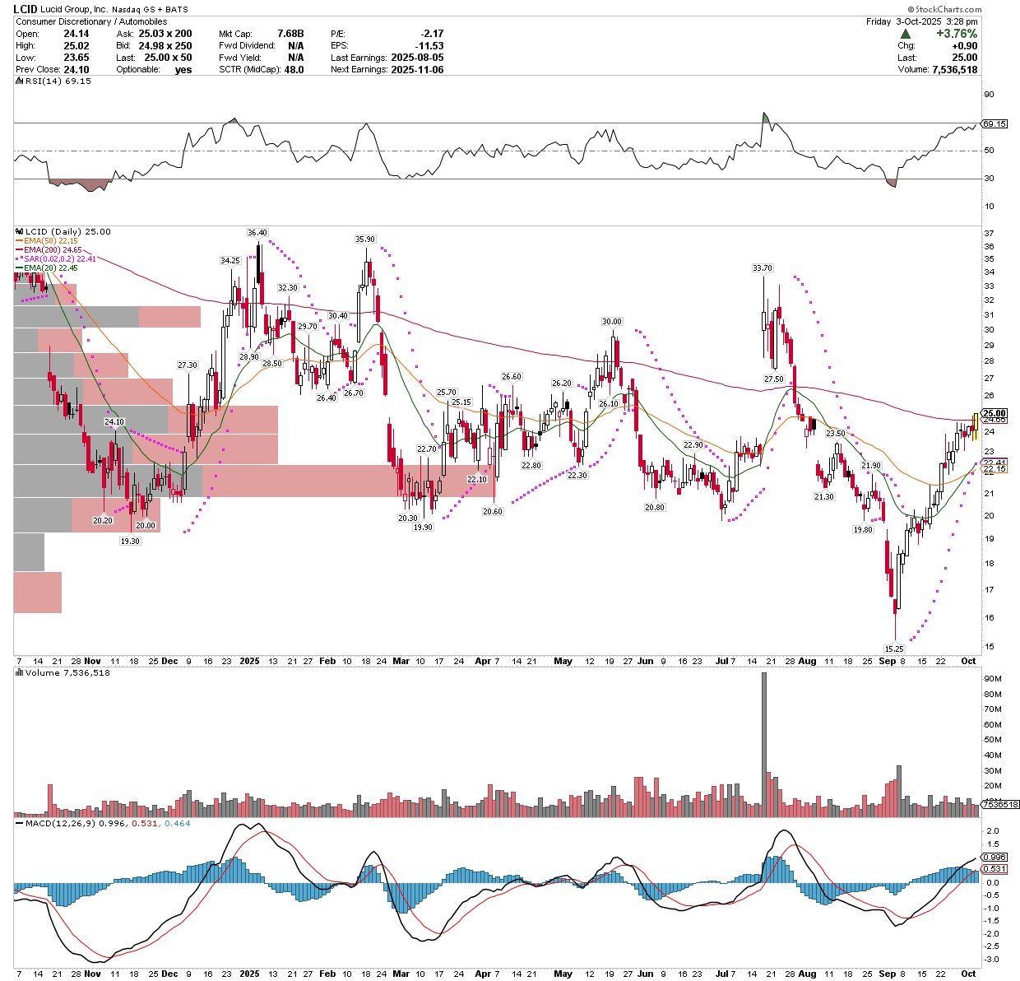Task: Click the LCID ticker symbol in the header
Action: coord(25,9)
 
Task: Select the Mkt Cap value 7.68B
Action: coord(290,34)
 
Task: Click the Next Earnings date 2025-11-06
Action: coord(417,69)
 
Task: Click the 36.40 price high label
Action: coord(257,233)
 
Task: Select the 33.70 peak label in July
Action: coord(763,268)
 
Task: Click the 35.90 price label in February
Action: coord(364,239)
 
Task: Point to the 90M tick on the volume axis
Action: coord(992,679)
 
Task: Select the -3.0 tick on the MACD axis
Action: coord(992,960)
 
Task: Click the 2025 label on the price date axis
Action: coord(249,662)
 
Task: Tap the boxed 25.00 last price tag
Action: coord(994,413)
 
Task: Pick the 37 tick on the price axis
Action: coord(989,234)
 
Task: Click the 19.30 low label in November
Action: coord(130,541)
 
